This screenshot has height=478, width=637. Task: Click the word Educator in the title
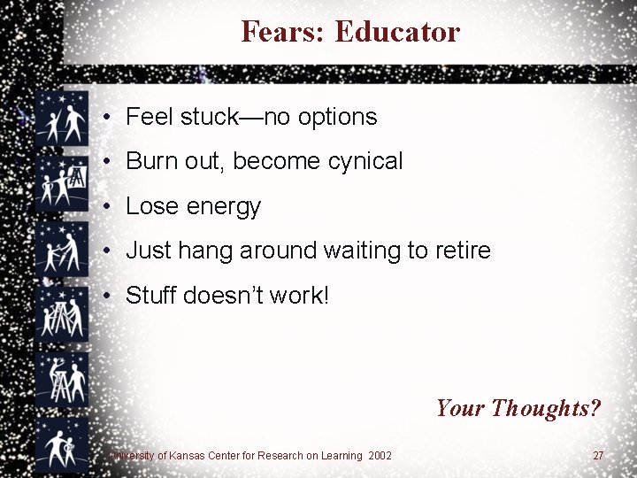click(x=398, y=32)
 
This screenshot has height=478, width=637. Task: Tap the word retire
click(x=461, y=251)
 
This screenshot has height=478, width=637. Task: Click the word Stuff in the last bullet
click(x=151, y=296)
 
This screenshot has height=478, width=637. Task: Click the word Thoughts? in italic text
click(x=546, y=408)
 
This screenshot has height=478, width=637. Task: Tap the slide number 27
click(x=598, y=455)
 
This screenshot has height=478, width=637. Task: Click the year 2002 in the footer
click(x=381, y=455)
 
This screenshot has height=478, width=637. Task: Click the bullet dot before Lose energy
click(x=105, y=207)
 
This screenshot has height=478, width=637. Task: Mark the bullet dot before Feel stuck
click(x=105, y=117)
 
